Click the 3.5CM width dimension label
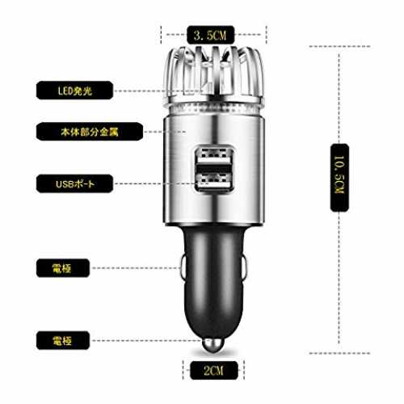click(x=210, y=35)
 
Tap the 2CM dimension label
click(x=214, y=370)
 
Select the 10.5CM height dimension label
click(x=339, y=178)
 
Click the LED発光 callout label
click(x=74, y=90)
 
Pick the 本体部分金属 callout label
click(x=90, y=132)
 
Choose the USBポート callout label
click(x=74, y=183)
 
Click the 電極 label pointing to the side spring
click(x=63, y=268)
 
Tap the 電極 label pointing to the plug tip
click(x=63, y=340)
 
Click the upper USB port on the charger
click(x=214, y=156)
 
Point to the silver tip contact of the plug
click(x=213, y=345)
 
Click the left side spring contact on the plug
click(x=183, y=267)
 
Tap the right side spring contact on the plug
click(x=243, y=267)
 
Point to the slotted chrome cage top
click(x=213, y=74)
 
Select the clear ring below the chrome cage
click(x=214, y=109)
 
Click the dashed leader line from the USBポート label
click(x=155, y=183)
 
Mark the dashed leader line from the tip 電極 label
click(x=147, y=341)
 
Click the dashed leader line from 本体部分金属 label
click(x=165, y=132)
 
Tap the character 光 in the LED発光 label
click(x=87, y=90)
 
